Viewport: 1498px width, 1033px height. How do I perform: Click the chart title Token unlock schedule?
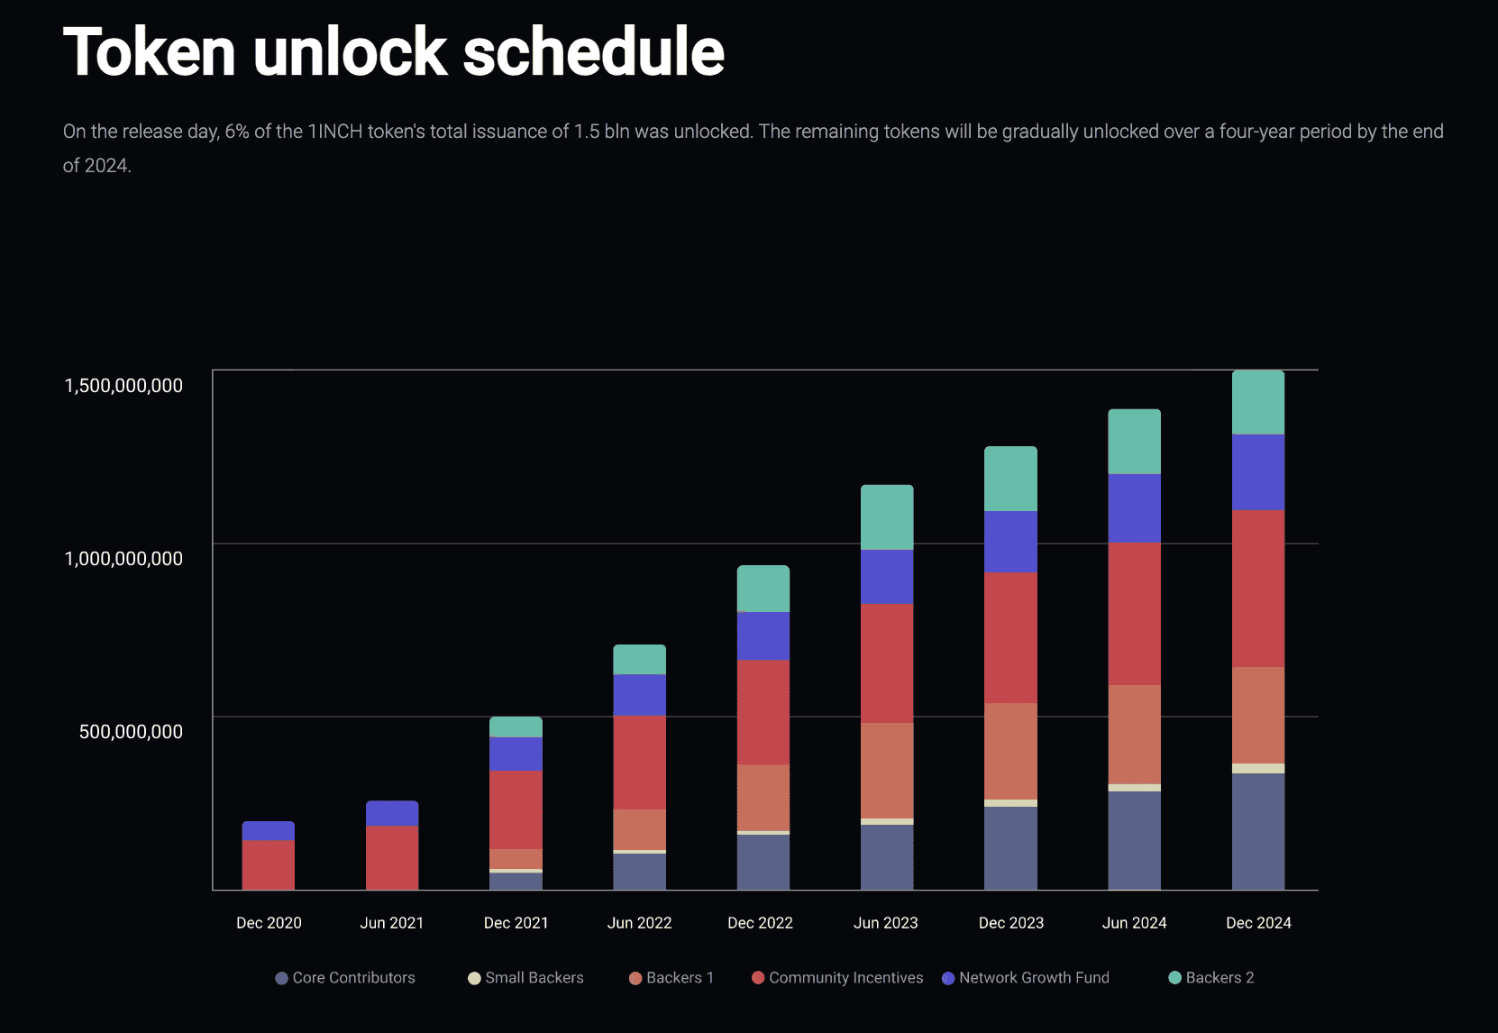pyautogui.click(x=393, y=52)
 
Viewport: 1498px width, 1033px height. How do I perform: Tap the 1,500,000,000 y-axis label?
pyautogui.click(x=123, y=386)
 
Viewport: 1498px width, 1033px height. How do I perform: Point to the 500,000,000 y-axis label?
pyautogui.click(x=131, y=732)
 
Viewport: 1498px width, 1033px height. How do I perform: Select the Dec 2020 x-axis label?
pyautogui.click(x=269, y=923)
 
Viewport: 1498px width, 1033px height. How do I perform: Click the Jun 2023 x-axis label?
pyautogui.click(x=885, y=923)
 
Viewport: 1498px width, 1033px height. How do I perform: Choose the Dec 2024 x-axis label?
pyautogui.click(x=1258, y=923)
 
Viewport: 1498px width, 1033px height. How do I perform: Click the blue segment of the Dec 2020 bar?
pyautogui.click(x=269, y=830)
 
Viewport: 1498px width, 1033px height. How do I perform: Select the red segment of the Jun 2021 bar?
pyautogui.click(x=392, y=857)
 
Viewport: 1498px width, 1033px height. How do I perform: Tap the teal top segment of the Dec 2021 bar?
pyautogui.click(x=516, y=727)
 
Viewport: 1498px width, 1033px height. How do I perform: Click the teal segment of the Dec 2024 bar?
pyautogui.click(x=1258, y=402)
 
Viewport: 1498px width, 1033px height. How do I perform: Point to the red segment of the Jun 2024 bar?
pyautogui.click(x=1134, y=613)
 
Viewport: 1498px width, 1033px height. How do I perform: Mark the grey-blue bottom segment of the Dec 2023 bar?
pyautogui.click(x=1010, y=847)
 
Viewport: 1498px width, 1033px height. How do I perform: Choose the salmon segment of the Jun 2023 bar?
pyautogui.click(x=887, y=770)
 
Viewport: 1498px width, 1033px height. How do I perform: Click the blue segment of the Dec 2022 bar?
pyautogui.click(x=763, y=635)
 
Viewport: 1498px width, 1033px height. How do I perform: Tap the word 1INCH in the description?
pyautogui.click(x=334, y=132)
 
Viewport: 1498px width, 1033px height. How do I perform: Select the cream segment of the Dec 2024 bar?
pyautogui.click(x=1258, y=768)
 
